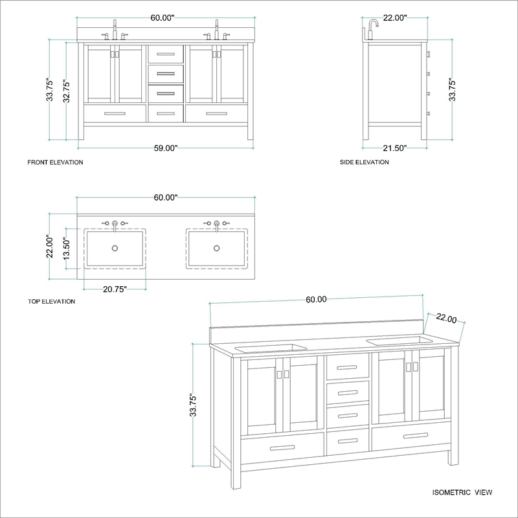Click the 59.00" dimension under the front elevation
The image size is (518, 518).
pyautogui.click(x=166, y=148)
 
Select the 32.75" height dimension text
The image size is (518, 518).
pyautogui.click(x=67, y=91)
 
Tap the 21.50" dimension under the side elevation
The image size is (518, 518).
pyautogui.click(x=395, y=148)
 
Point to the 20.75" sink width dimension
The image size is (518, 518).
pyautogui.click(x=115, y=289)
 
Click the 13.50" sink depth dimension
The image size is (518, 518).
pyautogui.click(x=67, y=249)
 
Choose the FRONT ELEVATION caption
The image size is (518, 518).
pyautogui.click(x=55, y=163)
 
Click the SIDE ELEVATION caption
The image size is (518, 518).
pyautogui.click(x=365, y=163)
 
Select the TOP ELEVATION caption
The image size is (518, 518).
pyautogui.click(x=51, y=301)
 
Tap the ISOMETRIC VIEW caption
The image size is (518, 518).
pyautogui.click(x=462, y=493)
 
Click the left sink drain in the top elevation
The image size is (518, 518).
pyautogui.click(x=115, y=248)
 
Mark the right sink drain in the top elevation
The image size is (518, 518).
pyautogui.click(x=217, y=248)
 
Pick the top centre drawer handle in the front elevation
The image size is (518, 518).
pyautogui.click(x=166, y=54)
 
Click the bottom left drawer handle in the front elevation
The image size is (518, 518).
pyautogui.click(x=115, y=114)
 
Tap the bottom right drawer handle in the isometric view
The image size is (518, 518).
pyautogui.click(x=416, y=436)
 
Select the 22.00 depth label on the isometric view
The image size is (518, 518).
pyautogui.click(x=446, y=318)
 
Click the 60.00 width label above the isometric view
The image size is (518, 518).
pyautogui.click(x=316, y=299)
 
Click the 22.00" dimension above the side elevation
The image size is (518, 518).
pyautogui.click(x=395, y=18)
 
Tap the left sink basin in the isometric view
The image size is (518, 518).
pyautogui.click(x=271, y=348)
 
